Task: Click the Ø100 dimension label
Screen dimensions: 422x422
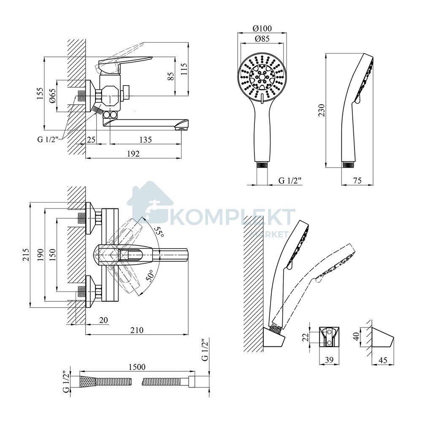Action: [262, 28]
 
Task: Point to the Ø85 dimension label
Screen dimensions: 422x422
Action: [262, 39]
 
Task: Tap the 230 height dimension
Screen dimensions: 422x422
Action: [322, 110]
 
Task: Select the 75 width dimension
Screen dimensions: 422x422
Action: [357, 180]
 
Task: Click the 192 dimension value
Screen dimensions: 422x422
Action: [133, 154]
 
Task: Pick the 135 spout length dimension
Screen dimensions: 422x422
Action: [145, 139]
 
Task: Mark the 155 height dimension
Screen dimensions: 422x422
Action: [40, 93]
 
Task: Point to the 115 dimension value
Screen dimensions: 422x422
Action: [184, 69]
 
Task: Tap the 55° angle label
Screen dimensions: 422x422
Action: [159, 231]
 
